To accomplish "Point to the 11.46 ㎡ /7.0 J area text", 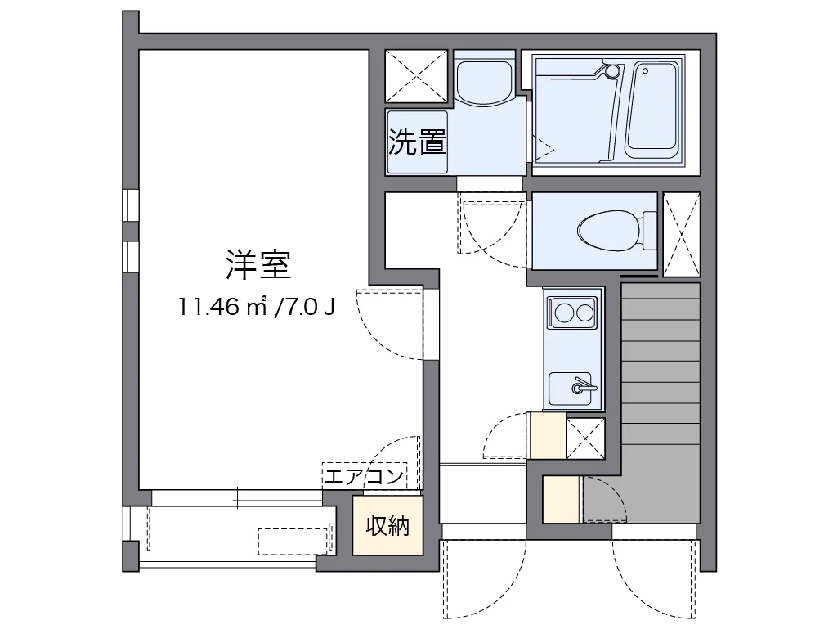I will coord(257,308).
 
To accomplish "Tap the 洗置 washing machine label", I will coord(417,142).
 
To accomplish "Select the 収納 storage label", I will coord(387,526).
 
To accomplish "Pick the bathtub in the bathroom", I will coord(652,111).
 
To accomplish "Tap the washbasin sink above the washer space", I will coord(483,79).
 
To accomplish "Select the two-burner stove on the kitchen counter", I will coord(573,313).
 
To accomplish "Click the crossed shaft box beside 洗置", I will coord(416,76).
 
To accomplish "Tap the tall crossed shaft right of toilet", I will coord(681,233).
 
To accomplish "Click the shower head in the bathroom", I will coord(611,71).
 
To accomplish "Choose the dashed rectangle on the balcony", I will coord(295,541).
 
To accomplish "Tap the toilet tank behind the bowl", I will coord(650,230).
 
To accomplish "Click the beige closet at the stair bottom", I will coord(562,498).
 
